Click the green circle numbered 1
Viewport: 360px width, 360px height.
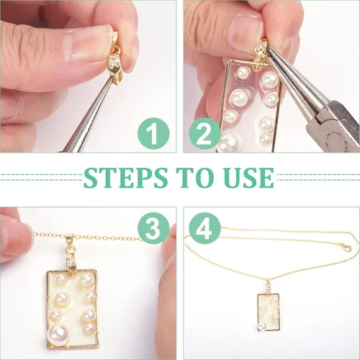click(x=153, y=133)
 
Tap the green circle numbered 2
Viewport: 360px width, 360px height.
click(x=204, y=133)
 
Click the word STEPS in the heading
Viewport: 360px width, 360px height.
click(x=125, y=178)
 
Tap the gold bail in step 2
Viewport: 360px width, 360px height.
click(x=261, y=55)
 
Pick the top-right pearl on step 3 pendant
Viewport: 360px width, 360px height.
click(x=87, y=280)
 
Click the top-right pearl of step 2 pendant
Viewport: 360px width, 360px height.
click(x=270, y=79)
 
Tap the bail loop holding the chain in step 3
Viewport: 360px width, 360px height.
click(x=70, y=238)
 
